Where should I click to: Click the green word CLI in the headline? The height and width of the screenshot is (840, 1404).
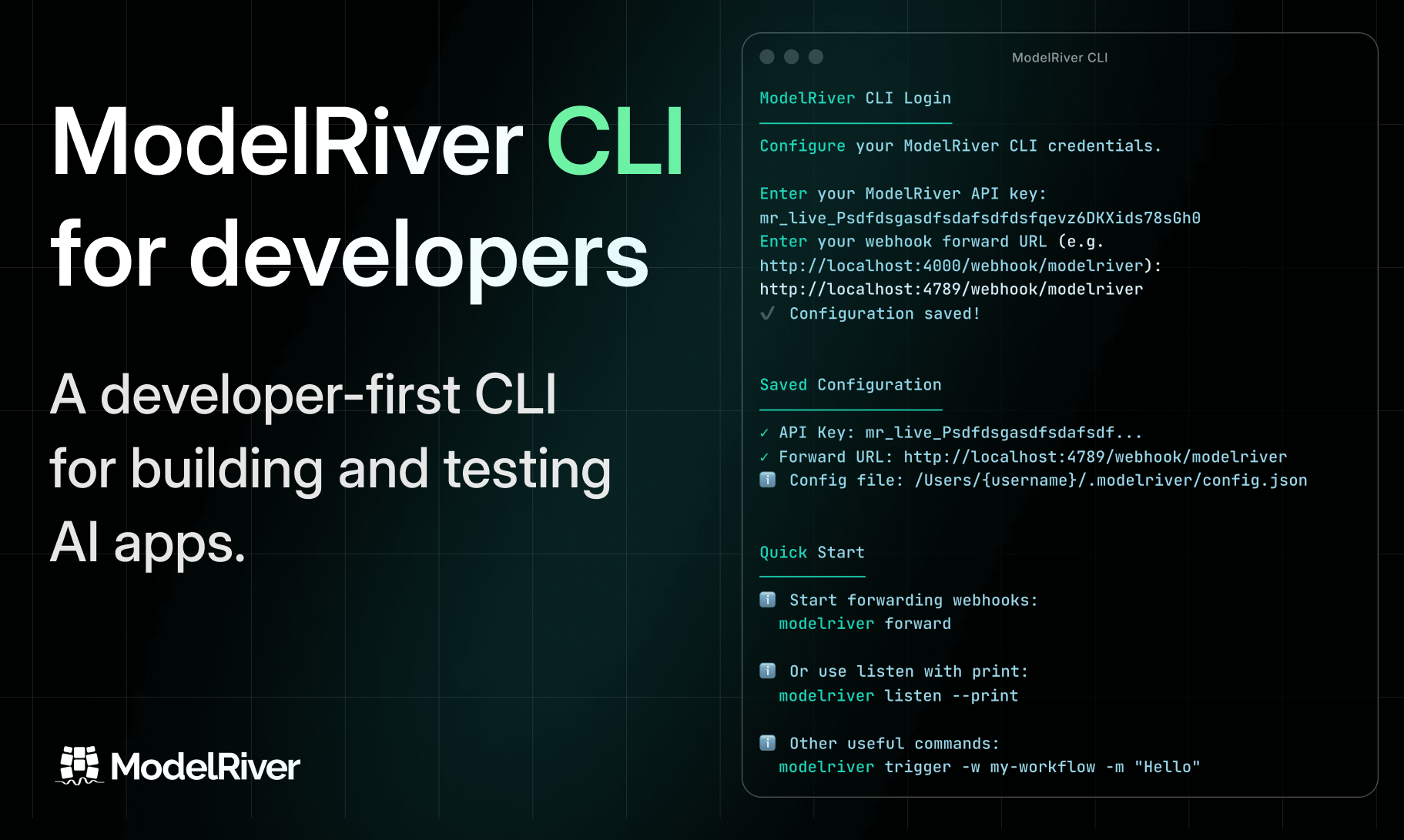(615, 142)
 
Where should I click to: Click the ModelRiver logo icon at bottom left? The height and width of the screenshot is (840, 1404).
(79, 765)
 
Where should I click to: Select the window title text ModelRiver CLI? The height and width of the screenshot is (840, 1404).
(1060, 58)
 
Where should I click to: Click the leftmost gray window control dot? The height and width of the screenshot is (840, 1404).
(767, 57)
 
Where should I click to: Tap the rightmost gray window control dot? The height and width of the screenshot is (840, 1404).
(816, 57)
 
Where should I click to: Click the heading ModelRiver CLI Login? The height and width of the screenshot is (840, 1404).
(856, 99)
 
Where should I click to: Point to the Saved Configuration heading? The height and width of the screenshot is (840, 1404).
(851, 385)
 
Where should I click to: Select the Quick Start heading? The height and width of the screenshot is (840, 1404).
(813, 553)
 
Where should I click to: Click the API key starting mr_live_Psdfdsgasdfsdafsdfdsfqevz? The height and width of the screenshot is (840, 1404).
(980, 218)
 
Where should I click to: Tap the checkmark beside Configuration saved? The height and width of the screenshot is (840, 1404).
(767, 313)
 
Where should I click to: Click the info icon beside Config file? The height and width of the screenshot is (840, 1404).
(768, 480)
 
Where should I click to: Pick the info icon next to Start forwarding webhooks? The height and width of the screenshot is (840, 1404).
(768, 600)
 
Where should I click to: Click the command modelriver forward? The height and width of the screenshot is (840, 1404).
(865, 624)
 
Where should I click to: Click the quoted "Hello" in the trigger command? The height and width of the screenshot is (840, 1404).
(1168, 767)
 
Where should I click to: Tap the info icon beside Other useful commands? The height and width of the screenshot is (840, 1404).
(768, 743)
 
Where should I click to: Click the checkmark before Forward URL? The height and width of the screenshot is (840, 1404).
(764, 457)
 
